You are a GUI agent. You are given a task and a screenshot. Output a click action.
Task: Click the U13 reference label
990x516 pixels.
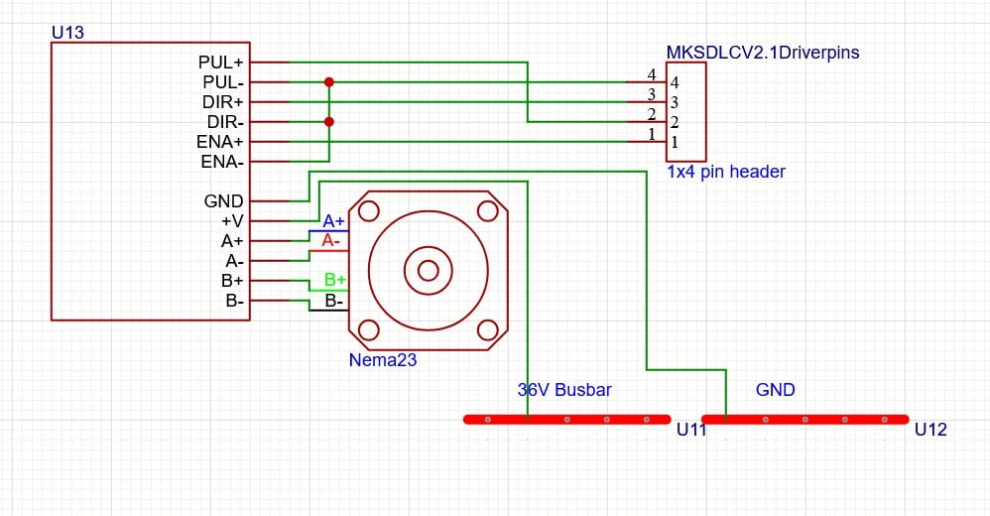tap(67, 33)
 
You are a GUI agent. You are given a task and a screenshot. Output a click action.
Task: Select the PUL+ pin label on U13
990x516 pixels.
tap(221, 63)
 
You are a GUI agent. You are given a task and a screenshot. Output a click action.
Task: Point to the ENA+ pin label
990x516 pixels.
tap(220, 142)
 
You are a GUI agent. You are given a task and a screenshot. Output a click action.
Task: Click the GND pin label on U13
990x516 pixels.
tap(223, 201)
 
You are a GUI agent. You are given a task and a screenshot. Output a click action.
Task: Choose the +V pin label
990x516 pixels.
tap(232, 221)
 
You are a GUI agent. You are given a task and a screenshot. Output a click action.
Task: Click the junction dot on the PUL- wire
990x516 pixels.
tap(329, 82)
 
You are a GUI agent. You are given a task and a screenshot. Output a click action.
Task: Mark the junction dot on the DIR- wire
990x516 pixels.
tap(329, 122)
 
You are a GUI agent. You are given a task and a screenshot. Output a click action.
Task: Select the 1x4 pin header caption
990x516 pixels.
tap(726, 172)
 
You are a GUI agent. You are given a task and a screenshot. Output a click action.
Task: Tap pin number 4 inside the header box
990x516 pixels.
tap(675, 83)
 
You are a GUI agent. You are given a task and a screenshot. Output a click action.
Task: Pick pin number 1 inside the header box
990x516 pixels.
tap(675, 143)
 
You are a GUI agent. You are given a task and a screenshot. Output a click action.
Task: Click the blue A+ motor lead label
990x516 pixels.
tap(333, 220)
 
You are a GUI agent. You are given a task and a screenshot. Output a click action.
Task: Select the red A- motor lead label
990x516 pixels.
tap(331, 240)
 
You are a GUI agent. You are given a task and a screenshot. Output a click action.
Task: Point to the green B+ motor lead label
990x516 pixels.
tap(335, 280)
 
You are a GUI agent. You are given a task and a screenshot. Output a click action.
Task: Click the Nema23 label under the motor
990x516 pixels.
tap(382, 360)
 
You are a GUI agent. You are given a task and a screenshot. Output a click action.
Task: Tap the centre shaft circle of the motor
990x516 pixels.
tap(429, 270)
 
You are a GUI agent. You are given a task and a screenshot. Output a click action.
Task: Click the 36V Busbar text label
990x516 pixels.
tap(564, 390)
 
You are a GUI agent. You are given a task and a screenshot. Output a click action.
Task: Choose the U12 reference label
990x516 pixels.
tap(930, 430)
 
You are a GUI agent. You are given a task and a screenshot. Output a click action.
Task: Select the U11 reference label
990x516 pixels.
tap(691, 430)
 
